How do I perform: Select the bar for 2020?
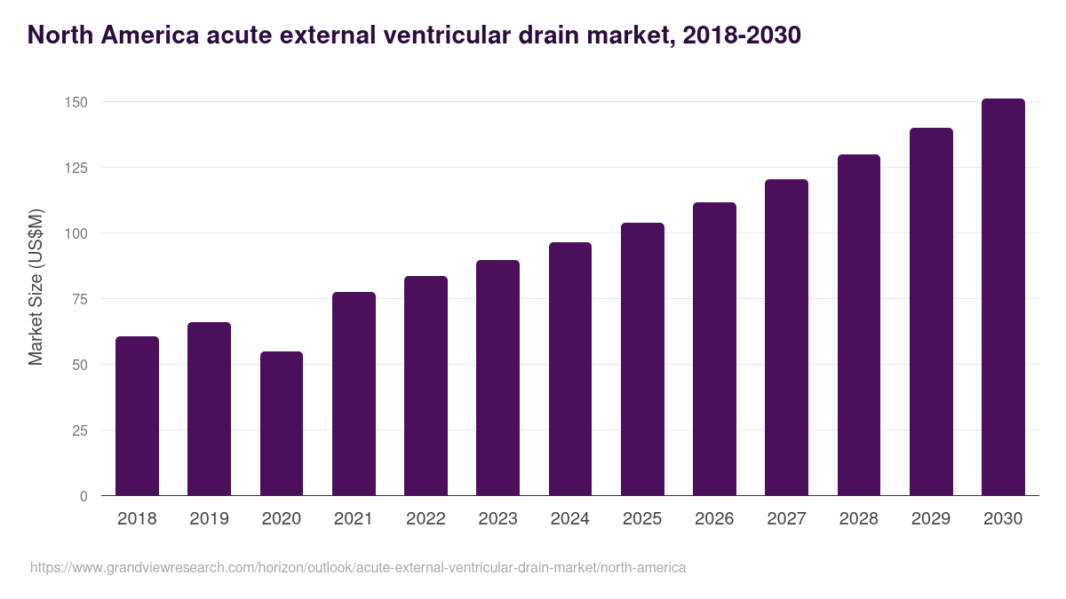(282, 423)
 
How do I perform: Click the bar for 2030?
(1003, 297)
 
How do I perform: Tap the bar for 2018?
(137, 416)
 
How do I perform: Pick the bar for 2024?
(570, 369)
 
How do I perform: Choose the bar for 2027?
(786, 337)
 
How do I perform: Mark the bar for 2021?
(354, 394)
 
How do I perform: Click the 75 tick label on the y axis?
(80, 299)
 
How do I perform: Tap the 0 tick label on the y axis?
(84, 496)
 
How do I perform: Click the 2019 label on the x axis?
(209, 518)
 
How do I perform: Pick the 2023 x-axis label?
(497, 518)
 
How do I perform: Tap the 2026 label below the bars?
(714, 518)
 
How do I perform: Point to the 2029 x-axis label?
(931, 518)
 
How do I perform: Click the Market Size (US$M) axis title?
(36, 287)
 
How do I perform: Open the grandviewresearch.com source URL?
(358, 567)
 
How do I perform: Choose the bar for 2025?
(642, 359)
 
